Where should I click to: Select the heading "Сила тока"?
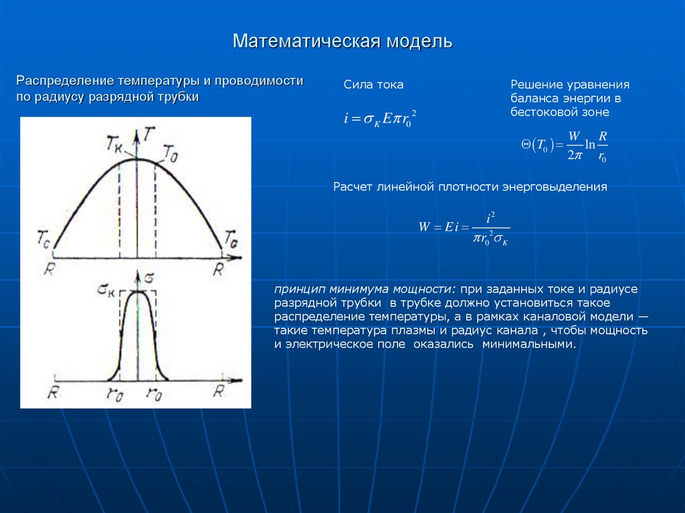(373, 85)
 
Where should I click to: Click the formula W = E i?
(464, 227)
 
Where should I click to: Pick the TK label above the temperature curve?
(116, 142)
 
